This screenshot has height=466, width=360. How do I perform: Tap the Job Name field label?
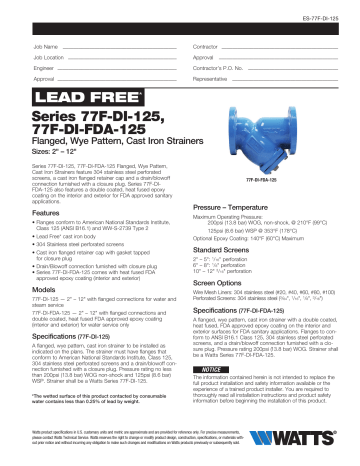(45, 47)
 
